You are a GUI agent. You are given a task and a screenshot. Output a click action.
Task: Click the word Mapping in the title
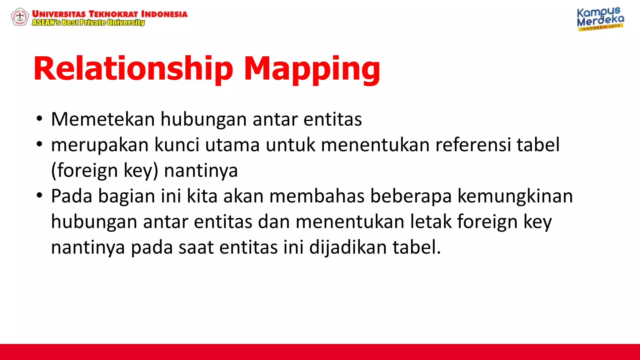point(312,69)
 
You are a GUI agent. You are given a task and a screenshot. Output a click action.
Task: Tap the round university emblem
point(20,17)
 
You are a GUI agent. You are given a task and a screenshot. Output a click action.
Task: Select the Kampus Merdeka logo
point(600,19)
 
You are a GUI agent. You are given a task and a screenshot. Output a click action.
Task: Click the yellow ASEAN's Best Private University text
point(88,22)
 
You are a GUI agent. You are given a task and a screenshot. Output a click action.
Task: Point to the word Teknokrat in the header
point(113,14)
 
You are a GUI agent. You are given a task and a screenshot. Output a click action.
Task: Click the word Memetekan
point(103,119)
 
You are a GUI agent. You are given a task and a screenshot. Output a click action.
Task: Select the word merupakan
point(100,145)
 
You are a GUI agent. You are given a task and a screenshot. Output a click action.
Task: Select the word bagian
point(126,197)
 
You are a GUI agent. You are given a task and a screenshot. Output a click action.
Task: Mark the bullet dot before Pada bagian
point(39,196)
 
